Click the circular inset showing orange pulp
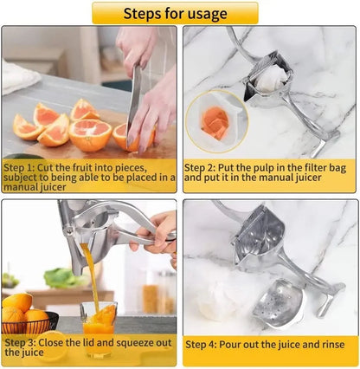pyautogui.click(x=216, y=121)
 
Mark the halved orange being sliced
pyautogui.click(x=91, y=134)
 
